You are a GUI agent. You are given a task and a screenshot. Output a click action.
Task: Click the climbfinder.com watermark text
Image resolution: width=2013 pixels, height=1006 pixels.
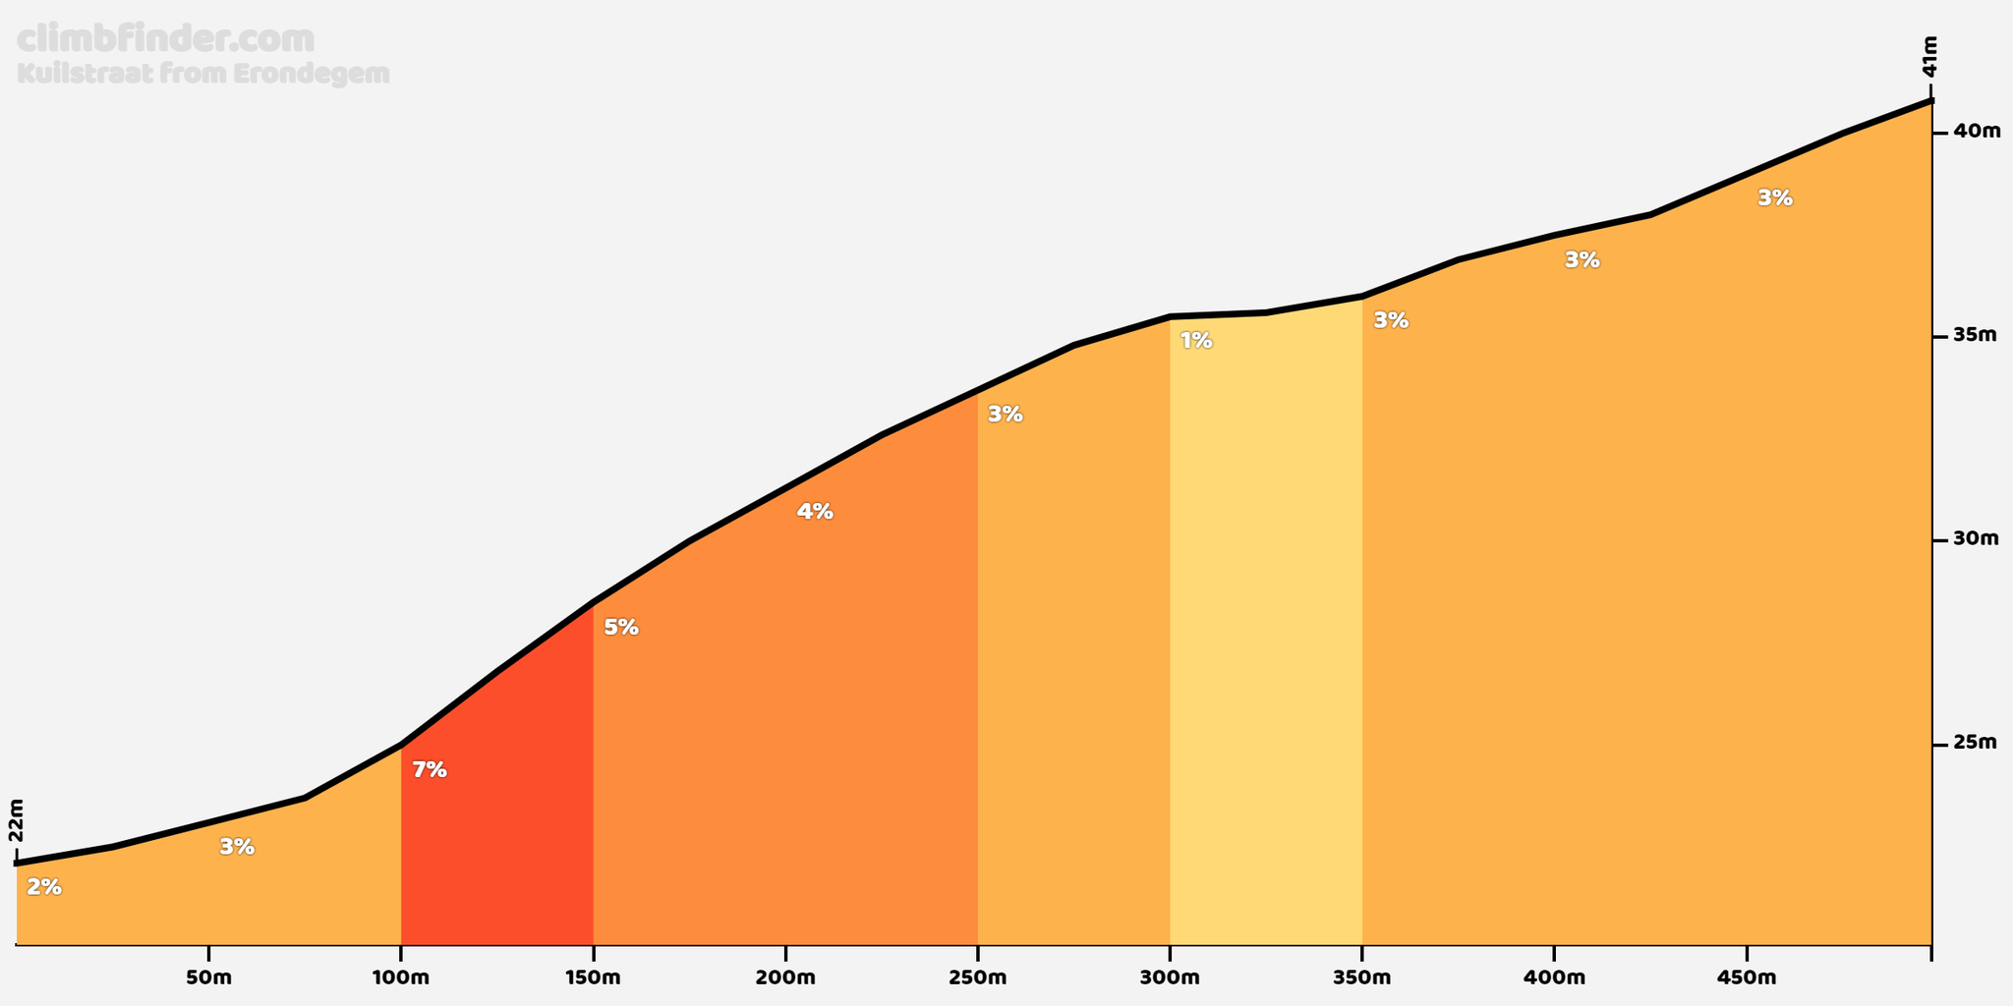[166, 39]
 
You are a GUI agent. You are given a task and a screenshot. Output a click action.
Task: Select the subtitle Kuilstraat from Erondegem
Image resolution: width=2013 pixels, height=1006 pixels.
[203, 74]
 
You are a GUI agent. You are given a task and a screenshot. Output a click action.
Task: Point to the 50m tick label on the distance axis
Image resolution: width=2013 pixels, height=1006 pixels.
[208, 978]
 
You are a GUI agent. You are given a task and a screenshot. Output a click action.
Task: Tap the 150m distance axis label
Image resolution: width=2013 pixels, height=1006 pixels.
[593, 978]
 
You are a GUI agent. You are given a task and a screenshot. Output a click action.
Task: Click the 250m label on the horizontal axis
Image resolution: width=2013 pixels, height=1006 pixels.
[977, 978]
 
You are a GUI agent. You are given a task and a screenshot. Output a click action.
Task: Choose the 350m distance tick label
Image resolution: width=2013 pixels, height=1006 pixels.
[1361, 978]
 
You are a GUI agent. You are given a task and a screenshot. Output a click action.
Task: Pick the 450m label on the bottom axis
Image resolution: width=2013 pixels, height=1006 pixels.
[1746, 978]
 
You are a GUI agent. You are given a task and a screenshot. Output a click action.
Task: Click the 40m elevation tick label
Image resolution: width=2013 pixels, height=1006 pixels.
[1977, 131]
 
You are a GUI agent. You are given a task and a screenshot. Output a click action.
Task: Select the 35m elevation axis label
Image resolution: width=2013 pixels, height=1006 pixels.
[1976, 335]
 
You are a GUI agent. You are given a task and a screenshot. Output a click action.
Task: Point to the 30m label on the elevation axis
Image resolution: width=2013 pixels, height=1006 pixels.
[1977, 538]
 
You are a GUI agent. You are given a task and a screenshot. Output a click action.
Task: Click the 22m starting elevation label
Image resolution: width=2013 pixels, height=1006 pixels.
[16, 820]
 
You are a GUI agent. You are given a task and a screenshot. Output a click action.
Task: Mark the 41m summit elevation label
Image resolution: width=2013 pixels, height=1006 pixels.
[1929, 56]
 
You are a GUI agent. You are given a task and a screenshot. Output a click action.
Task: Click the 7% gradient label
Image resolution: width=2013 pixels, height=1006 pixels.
[430, 770]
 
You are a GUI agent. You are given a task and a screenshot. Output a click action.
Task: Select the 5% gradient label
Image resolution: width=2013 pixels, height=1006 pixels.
[621, 627]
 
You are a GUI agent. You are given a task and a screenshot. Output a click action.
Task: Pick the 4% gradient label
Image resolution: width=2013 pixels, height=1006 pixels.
[815, 511]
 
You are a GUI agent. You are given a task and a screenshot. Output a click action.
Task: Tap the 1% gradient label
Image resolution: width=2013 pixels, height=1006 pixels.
[1196, 341]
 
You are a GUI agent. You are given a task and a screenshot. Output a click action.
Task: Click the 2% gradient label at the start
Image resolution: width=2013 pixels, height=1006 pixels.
[44, 887]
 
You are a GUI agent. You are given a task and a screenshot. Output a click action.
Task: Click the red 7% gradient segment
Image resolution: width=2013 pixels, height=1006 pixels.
[496, 806]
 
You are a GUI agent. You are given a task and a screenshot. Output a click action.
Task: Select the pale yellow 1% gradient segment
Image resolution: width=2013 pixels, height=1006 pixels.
[1266, 629]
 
